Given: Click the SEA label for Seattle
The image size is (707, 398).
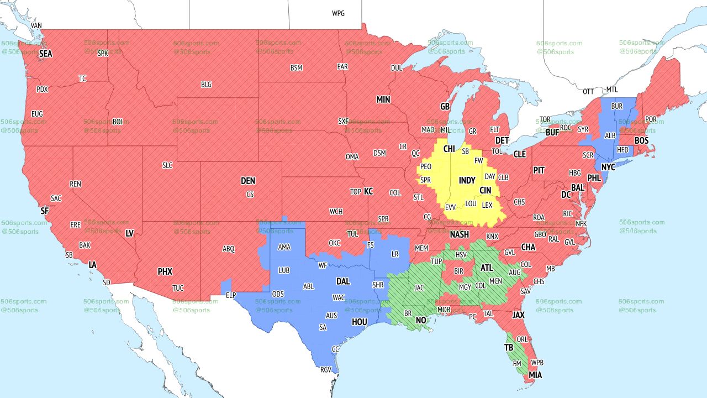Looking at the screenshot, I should pos(45,54).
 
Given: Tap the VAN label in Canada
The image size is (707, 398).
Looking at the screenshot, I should pos(36,25).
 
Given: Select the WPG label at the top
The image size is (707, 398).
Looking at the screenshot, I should pos(338,13).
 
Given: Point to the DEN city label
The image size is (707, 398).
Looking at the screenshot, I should pos(248,181).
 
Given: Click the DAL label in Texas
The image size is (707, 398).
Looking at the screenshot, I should pos(343,281).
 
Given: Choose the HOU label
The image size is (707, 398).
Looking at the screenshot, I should pos(359,322).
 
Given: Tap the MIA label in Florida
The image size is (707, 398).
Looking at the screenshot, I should pos(535,375).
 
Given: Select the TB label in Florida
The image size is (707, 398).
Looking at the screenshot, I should pos(509,348).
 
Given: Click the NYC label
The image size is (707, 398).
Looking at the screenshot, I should pos(608,167).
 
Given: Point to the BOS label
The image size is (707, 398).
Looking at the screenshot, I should pos(641,141).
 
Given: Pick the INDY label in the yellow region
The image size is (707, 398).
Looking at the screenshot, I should pos(467,181).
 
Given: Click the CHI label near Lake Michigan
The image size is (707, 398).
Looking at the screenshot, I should pos(449,149).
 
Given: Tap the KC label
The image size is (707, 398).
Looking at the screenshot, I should pos(368,191).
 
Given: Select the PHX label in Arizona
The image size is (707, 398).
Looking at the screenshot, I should pos(165,271).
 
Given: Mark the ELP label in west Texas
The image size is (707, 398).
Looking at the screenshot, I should pos(231,295).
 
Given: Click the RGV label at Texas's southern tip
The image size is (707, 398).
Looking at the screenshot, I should pos(326,370).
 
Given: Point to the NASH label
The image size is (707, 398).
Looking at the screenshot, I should pos(459,234).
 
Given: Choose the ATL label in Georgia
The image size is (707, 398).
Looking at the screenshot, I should pos(487,268).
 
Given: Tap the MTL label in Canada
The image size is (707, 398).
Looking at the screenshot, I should pos(612,90).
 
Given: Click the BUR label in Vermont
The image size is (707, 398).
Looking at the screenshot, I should pos(616,106).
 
